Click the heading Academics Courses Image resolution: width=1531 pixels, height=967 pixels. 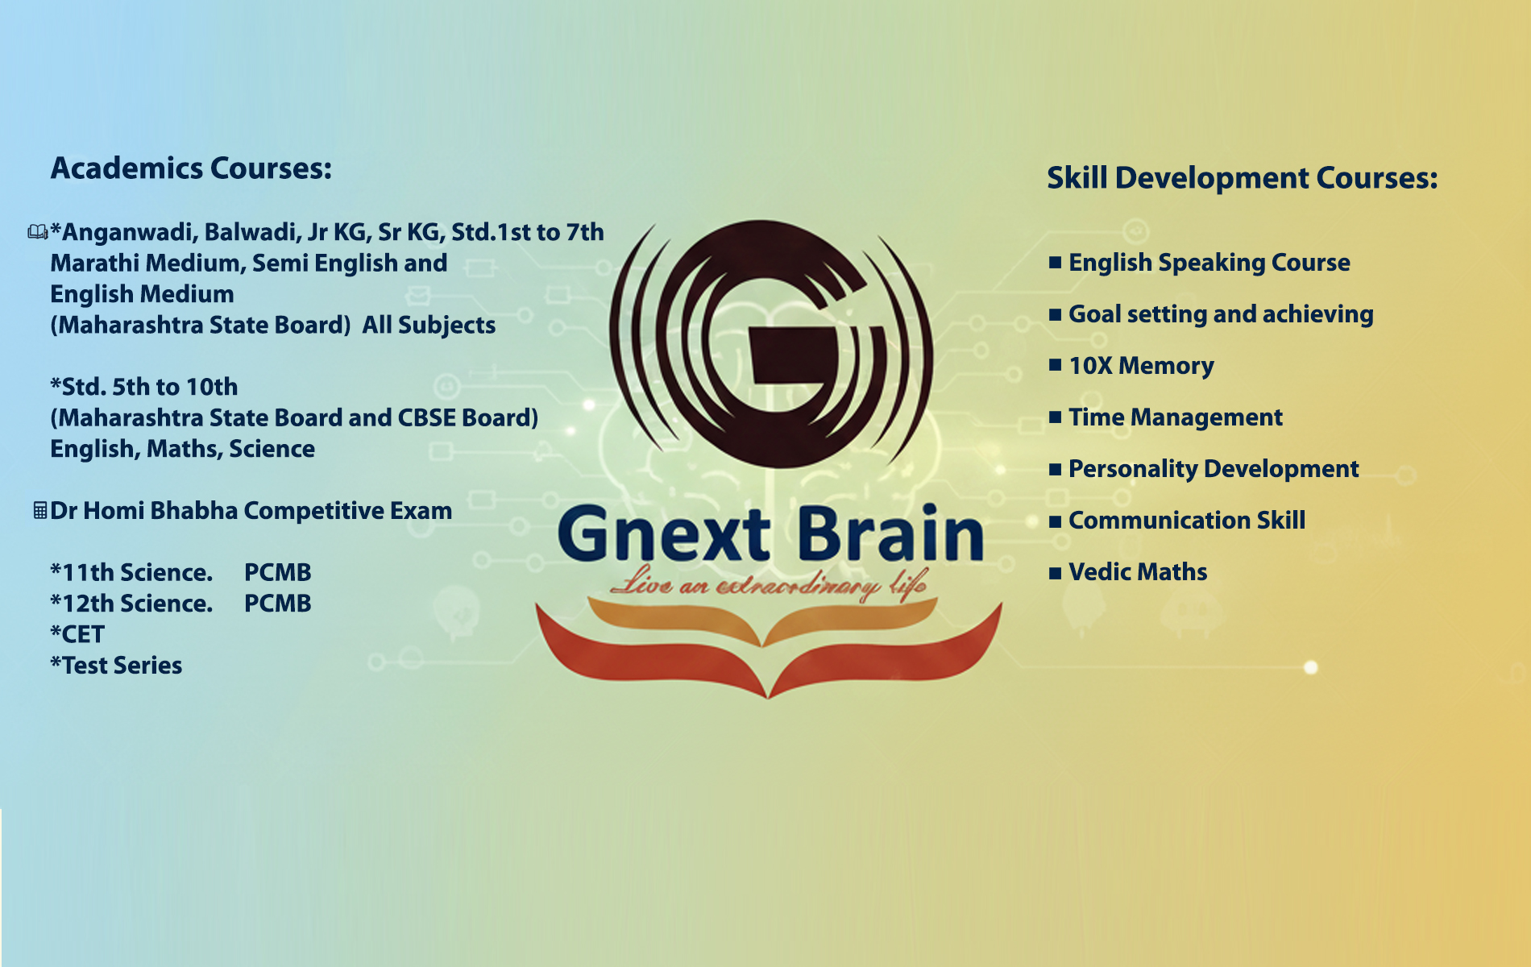point(191,168)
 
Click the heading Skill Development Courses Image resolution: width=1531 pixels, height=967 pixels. point(1242,178)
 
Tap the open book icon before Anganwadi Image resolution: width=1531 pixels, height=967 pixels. point(38,232)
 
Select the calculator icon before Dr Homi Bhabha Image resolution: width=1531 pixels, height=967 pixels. point(39,510)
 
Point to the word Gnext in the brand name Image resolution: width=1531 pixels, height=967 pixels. point(664,533)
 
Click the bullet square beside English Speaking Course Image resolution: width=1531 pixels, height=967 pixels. point(1055,263)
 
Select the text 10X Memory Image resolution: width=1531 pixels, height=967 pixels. point(1141,366)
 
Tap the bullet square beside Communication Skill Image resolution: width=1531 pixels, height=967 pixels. point(1055,521)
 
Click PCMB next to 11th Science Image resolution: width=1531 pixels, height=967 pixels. point(277,572)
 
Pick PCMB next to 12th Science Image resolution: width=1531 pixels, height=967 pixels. point(277,604)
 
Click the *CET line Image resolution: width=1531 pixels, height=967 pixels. point(77,634)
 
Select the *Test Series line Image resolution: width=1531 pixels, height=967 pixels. point(116,666)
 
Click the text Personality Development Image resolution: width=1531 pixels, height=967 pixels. point(1214,469)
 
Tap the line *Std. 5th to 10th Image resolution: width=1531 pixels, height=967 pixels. point(144,387)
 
